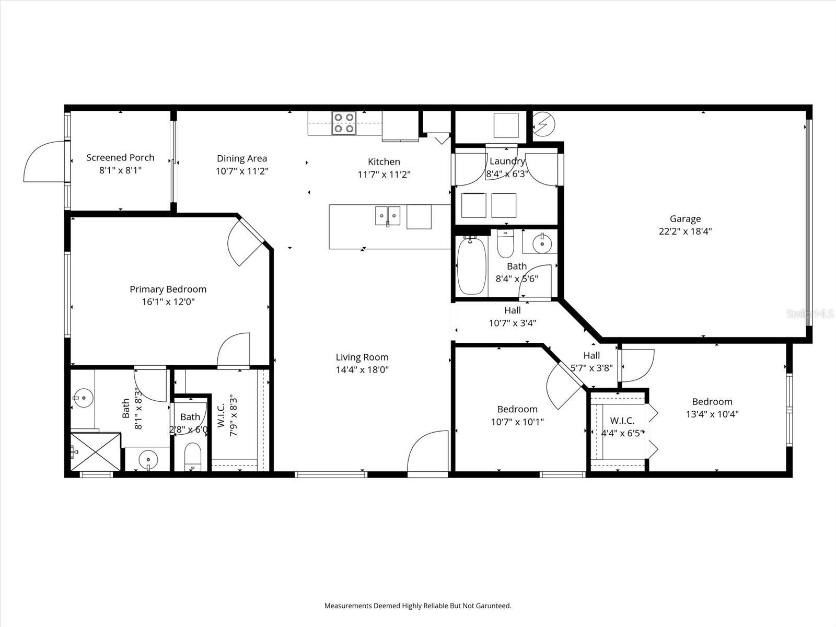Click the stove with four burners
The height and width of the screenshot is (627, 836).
pyautogui.click(x=344, y=123)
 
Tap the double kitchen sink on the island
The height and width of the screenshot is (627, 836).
pyautogui.click(x=388, y=215)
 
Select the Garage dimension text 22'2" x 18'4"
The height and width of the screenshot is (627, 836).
pyautogui.click(x=685, y=231)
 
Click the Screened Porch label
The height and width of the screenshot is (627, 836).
pyautogui.click(x=120, y=157)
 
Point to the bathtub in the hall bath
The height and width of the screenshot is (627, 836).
pyautogui.click(x=472, y=265)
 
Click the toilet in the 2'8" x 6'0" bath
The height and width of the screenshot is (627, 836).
pyautogui.click(x=193, y=457)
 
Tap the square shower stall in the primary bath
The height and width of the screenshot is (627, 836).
pyautogui.click(x=96, y=452)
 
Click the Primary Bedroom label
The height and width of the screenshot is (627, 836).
pyautogui.click(x=168, y=289)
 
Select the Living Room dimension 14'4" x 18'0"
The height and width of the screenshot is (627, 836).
pyautogui.click(x=362, y=370)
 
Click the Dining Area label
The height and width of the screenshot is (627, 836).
pyautogui.click(x=242, y=158)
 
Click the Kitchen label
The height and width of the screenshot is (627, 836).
pyautogui.click(x=384, y=162)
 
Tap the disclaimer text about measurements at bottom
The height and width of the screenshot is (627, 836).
pyautogui.click(x=417, y=606)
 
